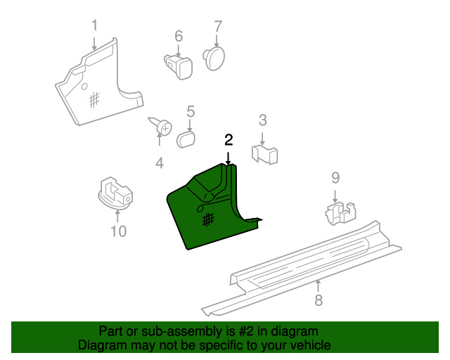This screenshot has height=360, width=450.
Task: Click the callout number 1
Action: [95, 25]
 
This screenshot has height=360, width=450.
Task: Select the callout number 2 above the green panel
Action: [228, 139]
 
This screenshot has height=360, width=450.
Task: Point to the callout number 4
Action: [160, 164]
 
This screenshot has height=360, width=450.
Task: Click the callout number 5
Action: [191, 110]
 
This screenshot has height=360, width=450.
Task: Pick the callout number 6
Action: [179, 35]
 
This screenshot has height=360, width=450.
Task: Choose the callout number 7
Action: [218, 25]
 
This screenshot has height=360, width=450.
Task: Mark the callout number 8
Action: [319, 301]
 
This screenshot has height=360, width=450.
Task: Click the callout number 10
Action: [118, 231]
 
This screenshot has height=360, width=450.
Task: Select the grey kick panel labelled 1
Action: [95, 88]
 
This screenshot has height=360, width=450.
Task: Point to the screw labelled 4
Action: [163, 128]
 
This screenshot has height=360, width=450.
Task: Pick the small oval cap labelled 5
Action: [186, 137]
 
